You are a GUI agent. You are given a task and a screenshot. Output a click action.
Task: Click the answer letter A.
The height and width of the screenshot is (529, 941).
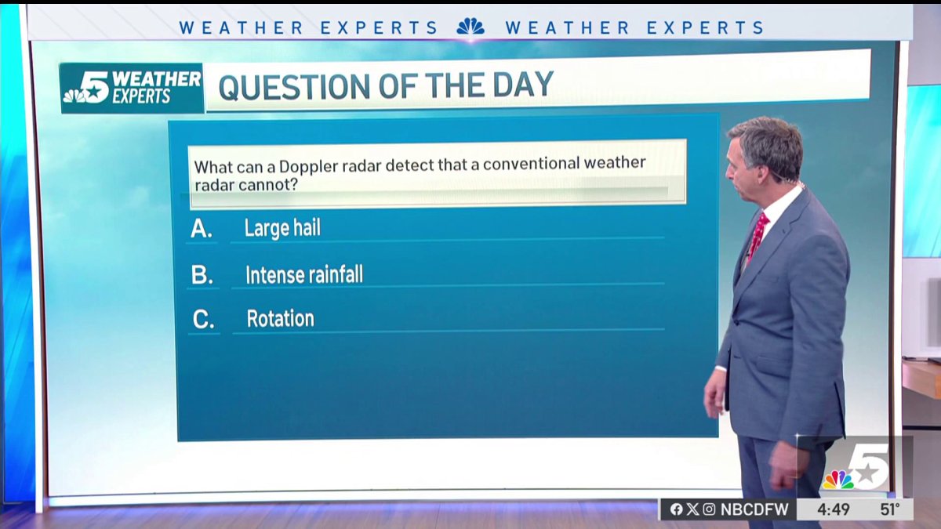coord(202,229)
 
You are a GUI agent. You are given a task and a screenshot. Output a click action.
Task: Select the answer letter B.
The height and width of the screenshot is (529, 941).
coord(202,275)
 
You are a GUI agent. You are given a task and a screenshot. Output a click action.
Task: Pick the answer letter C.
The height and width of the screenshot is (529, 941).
coord(203,320)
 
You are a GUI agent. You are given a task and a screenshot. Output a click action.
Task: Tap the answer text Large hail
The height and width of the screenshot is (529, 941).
coord(282,229)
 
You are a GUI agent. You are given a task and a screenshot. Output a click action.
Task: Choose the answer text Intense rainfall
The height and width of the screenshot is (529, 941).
coord(304,275)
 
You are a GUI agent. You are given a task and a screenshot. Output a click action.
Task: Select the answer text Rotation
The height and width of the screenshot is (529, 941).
coord(280,319)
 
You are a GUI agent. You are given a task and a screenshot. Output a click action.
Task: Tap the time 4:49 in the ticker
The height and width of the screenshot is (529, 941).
coord(834,509)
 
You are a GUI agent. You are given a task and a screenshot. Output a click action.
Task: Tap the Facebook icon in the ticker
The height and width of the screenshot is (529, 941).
coord(676,509)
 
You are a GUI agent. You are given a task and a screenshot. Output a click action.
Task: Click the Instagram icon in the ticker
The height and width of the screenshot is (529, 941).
coord(709,509)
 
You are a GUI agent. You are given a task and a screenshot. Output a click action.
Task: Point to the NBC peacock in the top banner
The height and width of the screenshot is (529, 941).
coord(470,27)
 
